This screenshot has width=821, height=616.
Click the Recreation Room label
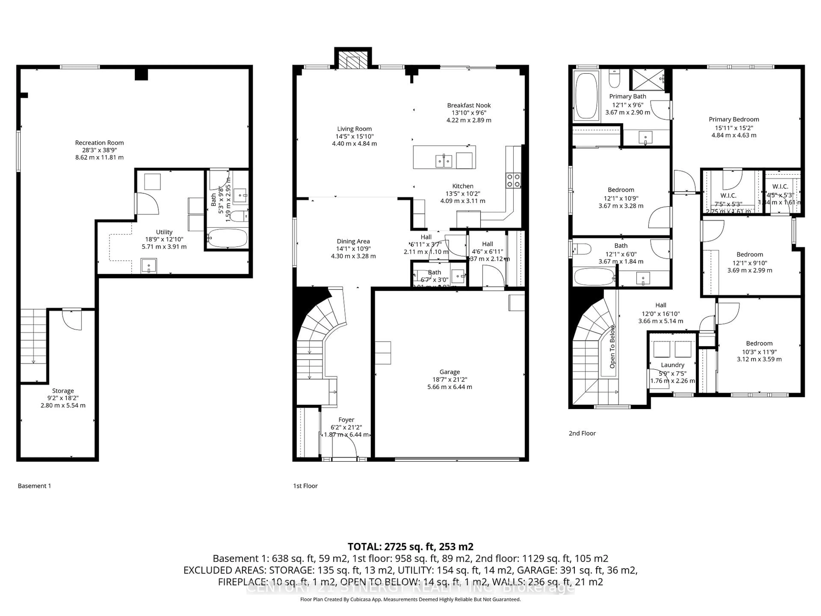pyautogui.click(x=99, y=143)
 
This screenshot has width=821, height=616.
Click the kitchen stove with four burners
pyautogui.click(x=513, y=181)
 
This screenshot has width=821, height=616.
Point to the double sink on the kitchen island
pyautogui.click(x=444, y=161)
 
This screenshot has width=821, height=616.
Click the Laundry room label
pyautogui.click(x=672, y=365)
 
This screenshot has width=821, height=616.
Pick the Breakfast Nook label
pyautogui.click(x=469, y=105)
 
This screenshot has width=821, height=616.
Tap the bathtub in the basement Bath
pyautogui.click(x=227, y=238)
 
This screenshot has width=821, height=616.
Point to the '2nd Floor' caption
pyautogui.click(x=582, y=433)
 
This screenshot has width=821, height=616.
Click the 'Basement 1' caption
pyautogui.click(x=34, y=486)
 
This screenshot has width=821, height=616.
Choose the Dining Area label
pyautogui.click(x=353, y=241)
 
